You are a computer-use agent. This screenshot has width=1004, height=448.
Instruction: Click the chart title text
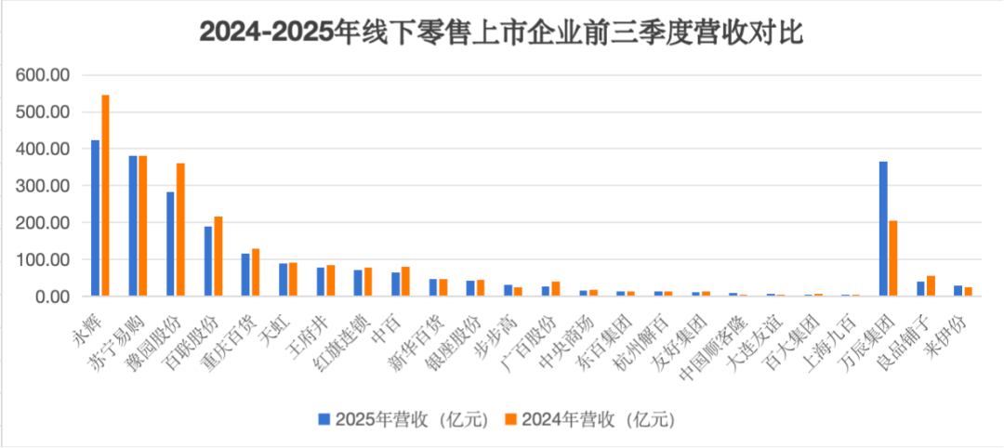pos(502,33)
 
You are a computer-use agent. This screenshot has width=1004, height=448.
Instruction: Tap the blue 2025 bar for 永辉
pos(96,218)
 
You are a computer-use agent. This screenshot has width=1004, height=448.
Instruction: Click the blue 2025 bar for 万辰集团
pos(883,229)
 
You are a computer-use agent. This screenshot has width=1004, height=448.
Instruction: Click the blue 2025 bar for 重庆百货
pos(245,275)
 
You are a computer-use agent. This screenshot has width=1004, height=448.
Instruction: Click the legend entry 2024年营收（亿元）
pos(595,419)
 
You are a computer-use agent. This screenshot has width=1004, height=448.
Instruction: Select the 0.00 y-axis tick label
pos(52,296)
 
